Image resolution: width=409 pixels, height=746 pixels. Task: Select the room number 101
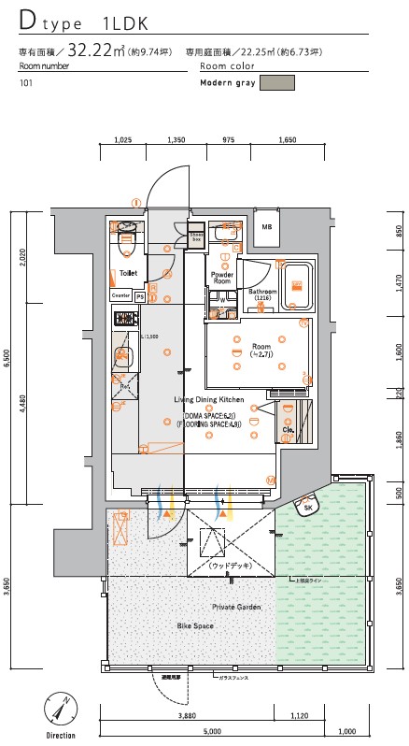pyautogui.click(x=24, y=83)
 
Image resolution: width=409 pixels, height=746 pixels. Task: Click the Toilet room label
pyautogui.click(x=129, y=273)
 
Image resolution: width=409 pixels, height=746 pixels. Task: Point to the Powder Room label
pyautogui.click(x=221, y=278)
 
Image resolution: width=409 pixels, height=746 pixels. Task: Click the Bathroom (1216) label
pyautogui.click(x=262, y=294)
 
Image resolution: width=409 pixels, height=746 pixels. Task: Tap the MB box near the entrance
pyautogui.click(x=267, y=227)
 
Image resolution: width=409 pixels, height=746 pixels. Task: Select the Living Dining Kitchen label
pyautogui.click(x=209, y=399)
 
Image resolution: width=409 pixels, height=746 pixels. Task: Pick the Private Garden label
pyautogui.click(x=236, y=607)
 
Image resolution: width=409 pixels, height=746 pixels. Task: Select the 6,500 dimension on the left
pyautogui.click(x=7, y=359)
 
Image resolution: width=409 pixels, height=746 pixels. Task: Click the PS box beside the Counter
pyautogui.click(x=140, y=295)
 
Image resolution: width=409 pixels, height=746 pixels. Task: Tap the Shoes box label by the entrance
pyautogui.click(x=195, y=237)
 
